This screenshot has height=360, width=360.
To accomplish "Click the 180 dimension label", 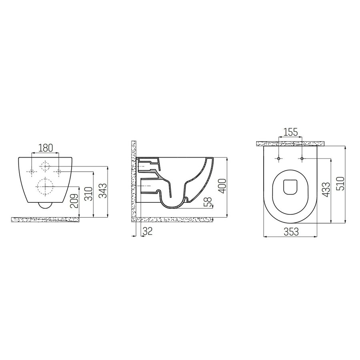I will click(x=45, y=148).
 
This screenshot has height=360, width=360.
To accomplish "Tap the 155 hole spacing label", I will click(x=290, y=132).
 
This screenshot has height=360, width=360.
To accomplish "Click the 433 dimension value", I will click(x=326, y=190).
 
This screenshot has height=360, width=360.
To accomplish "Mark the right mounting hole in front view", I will click(x=58, y=172).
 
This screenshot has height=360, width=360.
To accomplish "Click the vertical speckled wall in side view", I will click(x=134, y=180).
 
